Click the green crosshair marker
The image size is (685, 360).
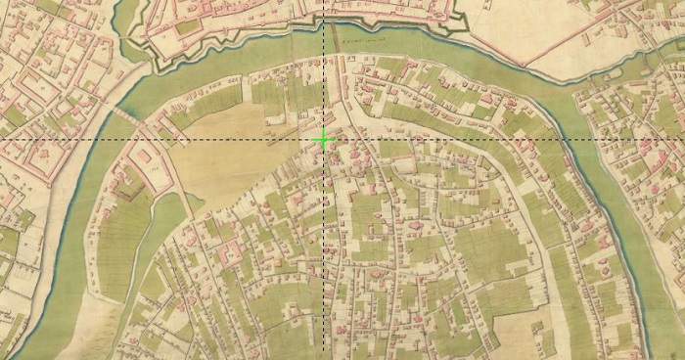point(323,140)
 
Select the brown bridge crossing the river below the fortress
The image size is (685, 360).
point(336,40)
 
